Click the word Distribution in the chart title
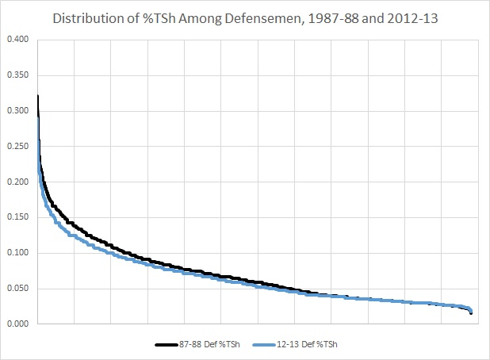point(90,17)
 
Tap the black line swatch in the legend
point(167,344)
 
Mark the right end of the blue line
point(471,311)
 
